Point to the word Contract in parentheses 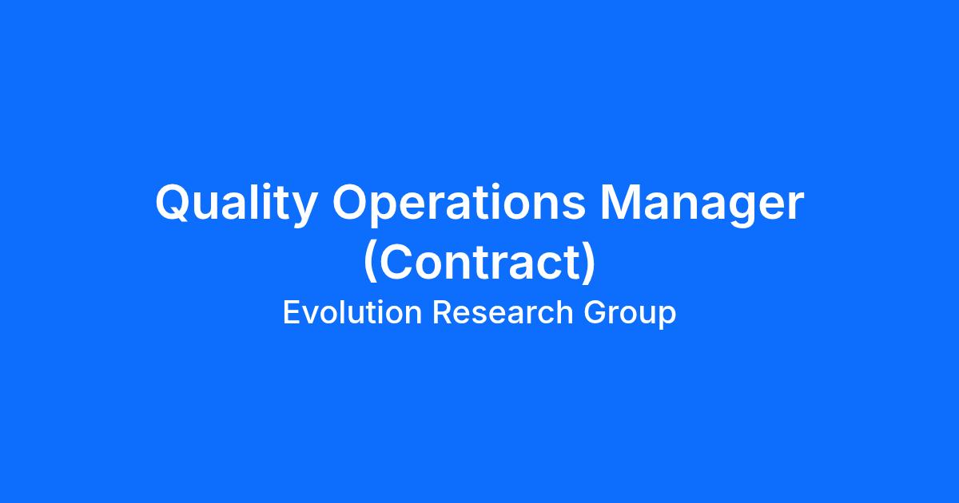point(479,261)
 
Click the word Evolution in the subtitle point(352,312)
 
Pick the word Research point(503,312)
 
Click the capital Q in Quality point(173,203)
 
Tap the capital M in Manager point(620,202)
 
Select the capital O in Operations point(351,202)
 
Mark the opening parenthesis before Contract point(370,261)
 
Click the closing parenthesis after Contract point(589,261)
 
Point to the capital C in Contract point(395,261)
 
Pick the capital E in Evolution point(292,312)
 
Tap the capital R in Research point(443,312)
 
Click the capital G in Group point(595,312)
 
